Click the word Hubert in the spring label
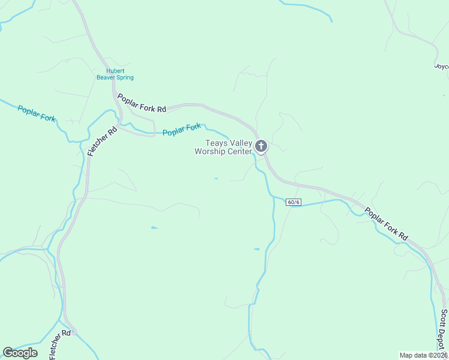click(115, 71)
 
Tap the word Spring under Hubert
click(125, 78)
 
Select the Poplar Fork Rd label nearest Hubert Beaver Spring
click(142, 103)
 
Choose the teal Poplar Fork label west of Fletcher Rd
click(37, 113)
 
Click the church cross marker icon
click(261, 146)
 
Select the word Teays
click(215, 143)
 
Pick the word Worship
click(209, 151)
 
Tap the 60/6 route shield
click(293, 202)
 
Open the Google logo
click(20, 353)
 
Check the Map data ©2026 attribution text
click(424, 355)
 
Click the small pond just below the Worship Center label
click(216, 178)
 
